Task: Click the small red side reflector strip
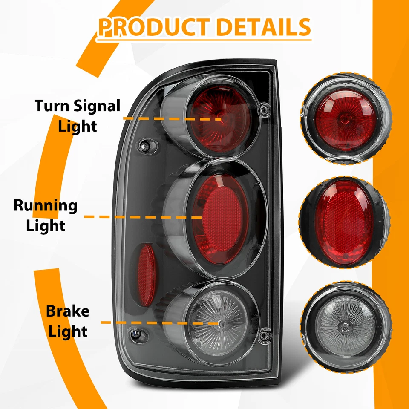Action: [x=147, y=274]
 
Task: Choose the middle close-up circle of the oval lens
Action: [x=344, y=222]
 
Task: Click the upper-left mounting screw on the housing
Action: [x=145, y=146]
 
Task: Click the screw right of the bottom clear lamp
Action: [x=265, y=335]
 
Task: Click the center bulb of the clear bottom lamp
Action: [x=222, y=323]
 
